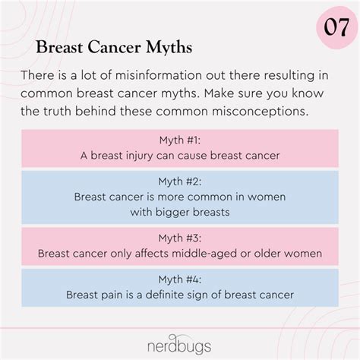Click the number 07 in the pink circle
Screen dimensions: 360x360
tap(336, 27)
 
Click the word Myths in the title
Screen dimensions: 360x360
tap(169, 47)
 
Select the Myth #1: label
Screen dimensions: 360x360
tap(180, 140)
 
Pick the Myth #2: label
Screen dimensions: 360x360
tap(180, 182)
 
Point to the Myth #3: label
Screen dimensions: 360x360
tap(180, 238)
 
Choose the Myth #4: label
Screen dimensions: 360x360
tap(180, 279)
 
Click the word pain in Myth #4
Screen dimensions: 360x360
tap(112, 295)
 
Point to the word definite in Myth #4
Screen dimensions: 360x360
tap(166, 295)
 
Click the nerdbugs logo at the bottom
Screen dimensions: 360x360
tap(179, 345)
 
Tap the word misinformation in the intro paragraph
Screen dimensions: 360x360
tap(159, 75)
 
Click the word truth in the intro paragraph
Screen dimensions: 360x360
tap(57, 112)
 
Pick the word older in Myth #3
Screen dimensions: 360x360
tap(267, 254)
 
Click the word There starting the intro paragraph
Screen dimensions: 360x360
tap(37, 75)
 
